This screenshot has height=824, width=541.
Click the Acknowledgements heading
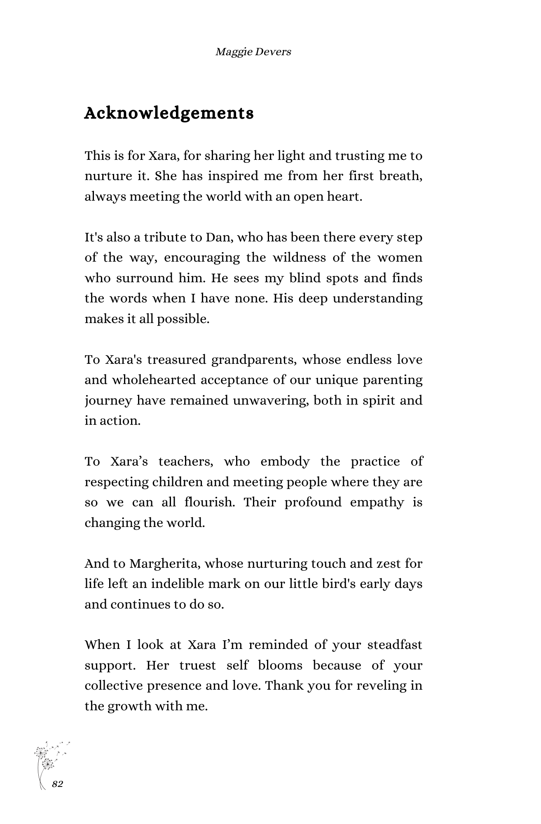(x=169, y=113)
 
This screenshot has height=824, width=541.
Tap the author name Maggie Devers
(x=253, y=52)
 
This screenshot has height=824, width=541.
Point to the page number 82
(x=58, y=784)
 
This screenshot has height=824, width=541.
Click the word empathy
(x=377, y=502)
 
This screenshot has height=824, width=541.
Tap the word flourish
(x=209, y=502)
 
